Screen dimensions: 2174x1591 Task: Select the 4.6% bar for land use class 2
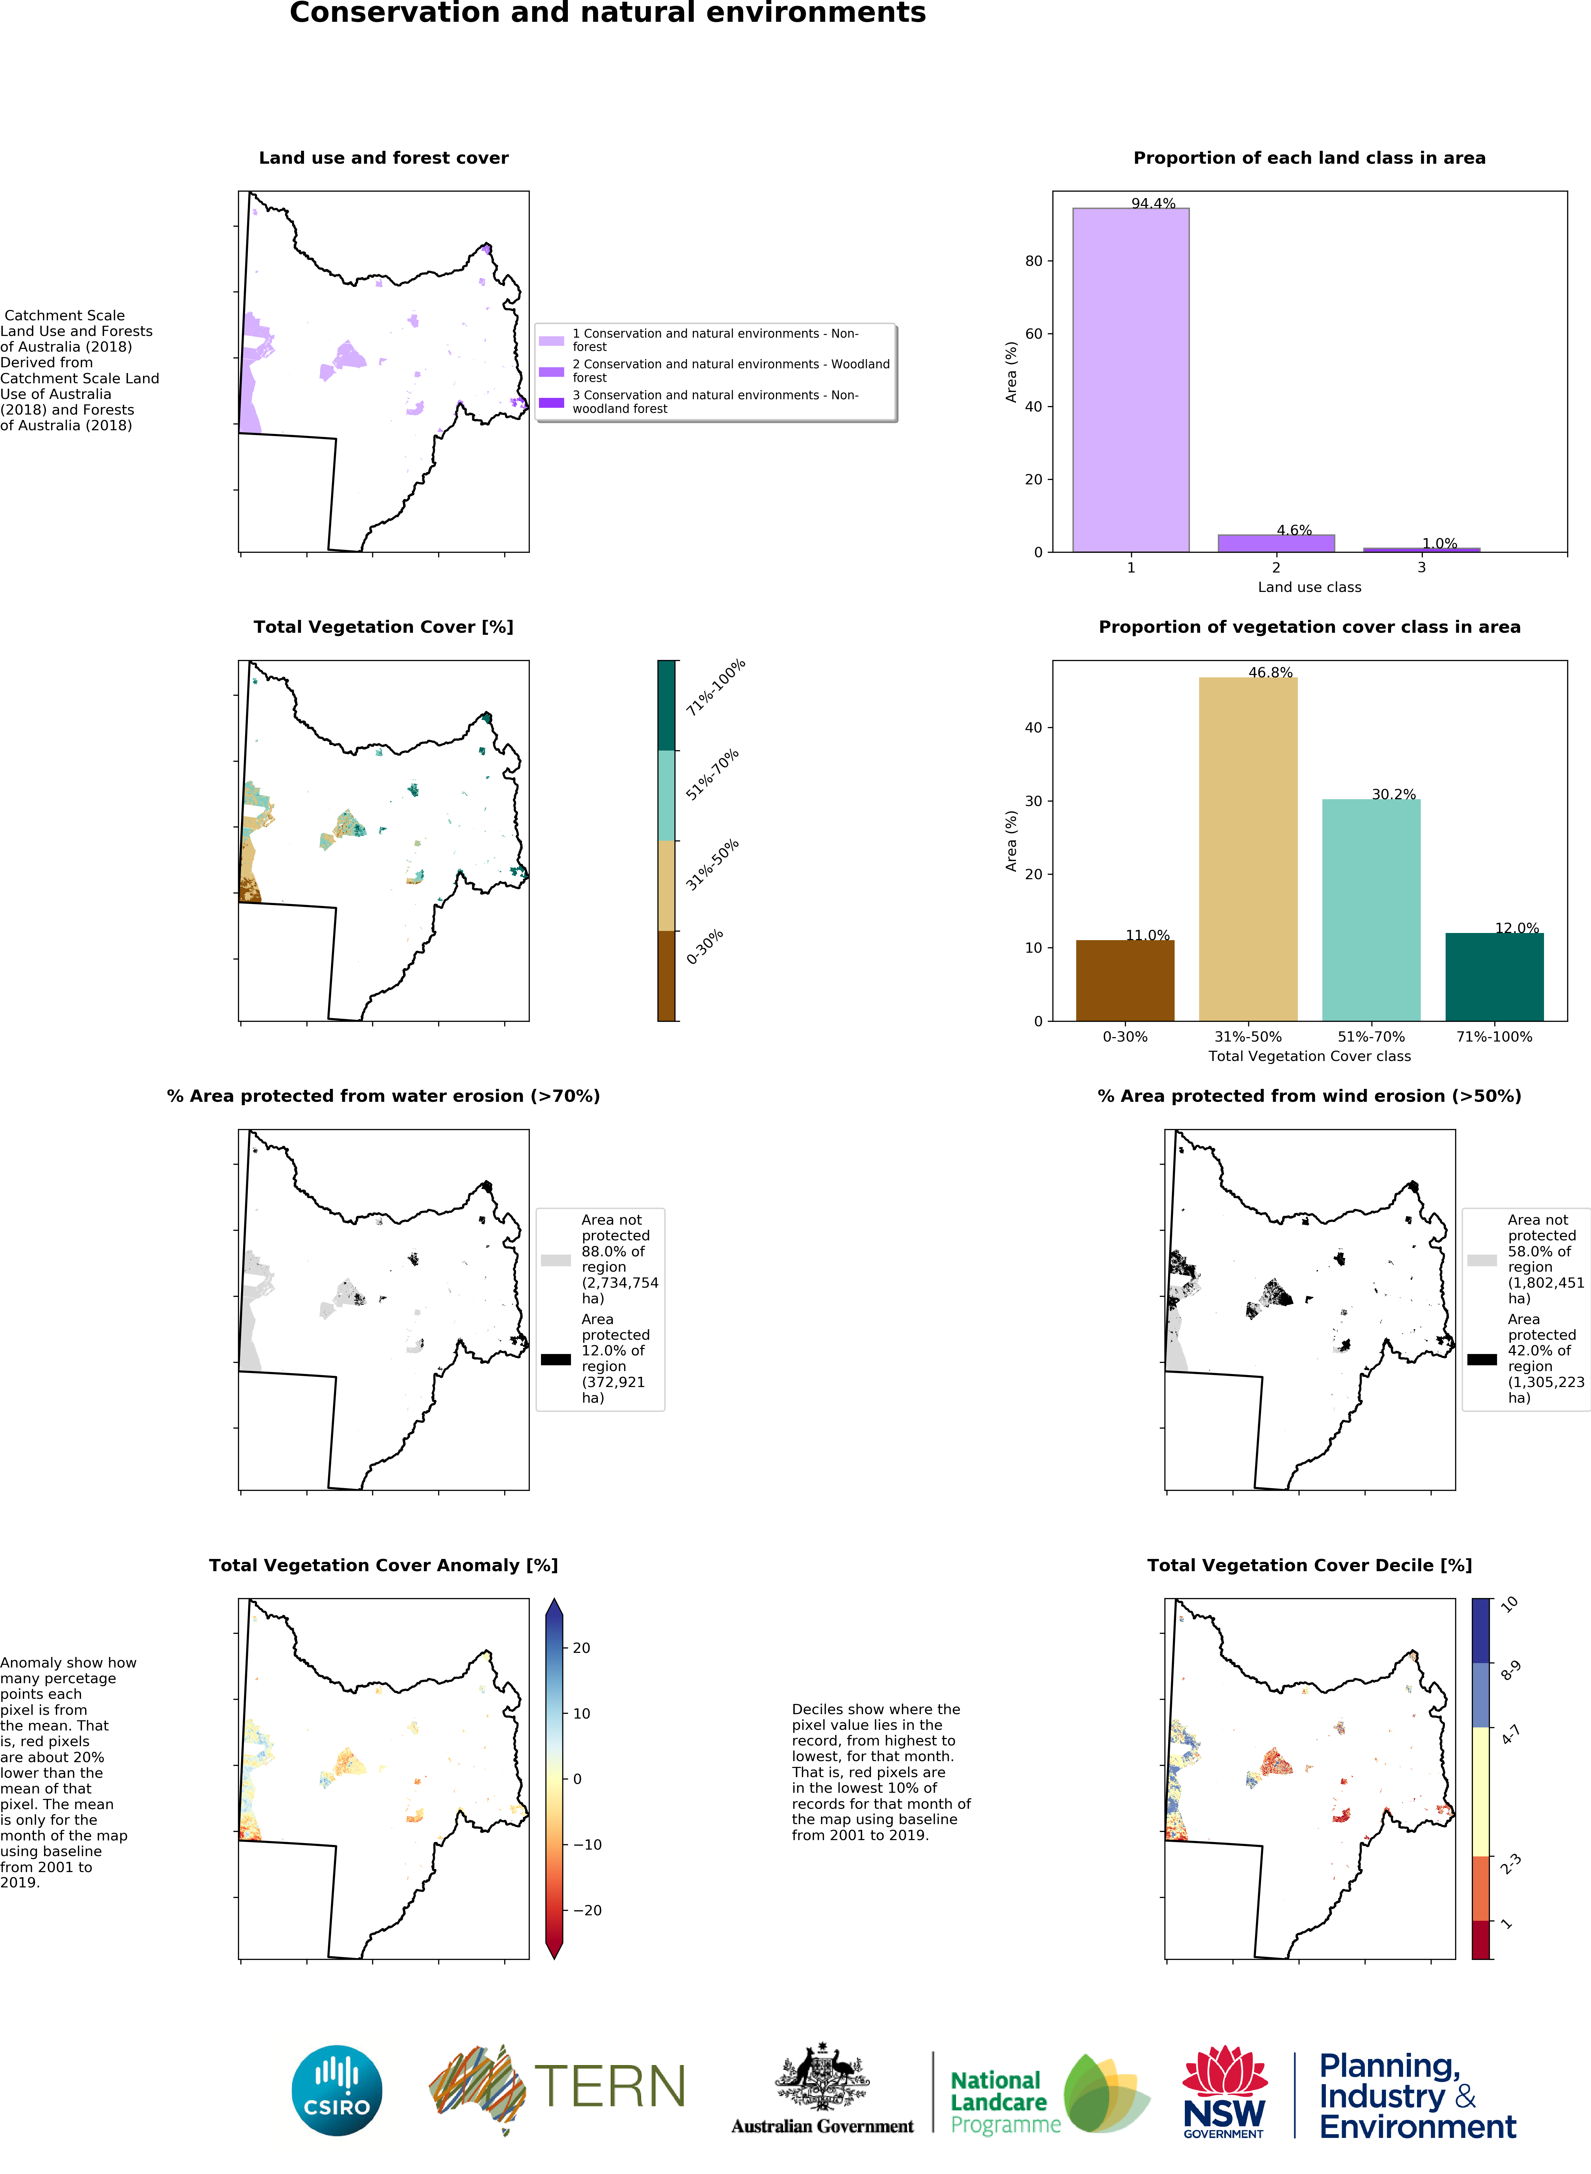tap(1276, 543)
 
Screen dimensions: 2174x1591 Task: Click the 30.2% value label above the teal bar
tap(1394, 794)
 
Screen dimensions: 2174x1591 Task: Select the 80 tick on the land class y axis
tap(1033, 261)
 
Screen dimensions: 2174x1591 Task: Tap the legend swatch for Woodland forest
tap(551, 372)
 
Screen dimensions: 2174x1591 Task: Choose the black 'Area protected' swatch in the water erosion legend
tap(556, 1359)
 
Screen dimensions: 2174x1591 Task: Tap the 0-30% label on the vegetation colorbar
tap(705, 947)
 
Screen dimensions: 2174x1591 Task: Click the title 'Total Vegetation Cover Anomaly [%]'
tap(383, 1565)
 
